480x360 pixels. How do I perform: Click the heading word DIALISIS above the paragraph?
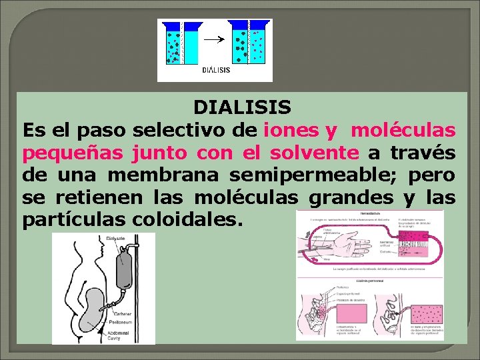point(242,107)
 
